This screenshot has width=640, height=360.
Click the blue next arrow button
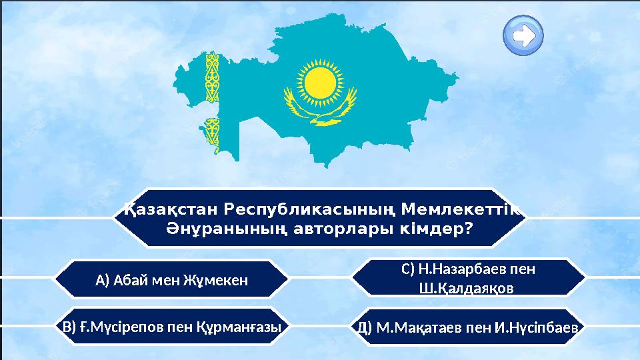click(x=523, y=35)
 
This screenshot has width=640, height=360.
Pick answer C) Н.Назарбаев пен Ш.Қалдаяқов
click(x=468, y=278)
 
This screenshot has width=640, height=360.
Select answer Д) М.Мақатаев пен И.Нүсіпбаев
click(x=468, y=327)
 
